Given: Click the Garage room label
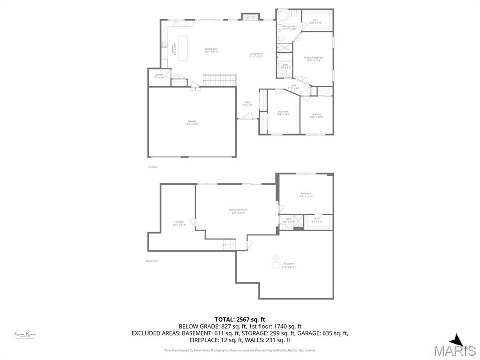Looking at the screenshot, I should click(192, 122).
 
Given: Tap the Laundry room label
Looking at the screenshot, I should click(159, 76).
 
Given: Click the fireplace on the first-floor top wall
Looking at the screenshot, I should click(250, 17).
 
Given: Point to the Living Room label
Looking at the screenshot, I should click(256, 55).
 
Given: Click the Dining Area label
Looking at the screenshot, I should click(211, 50).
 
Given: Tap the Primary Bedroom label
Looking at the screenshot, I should click(315, 59).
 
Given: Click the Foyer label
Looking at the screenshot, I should click(247, 104).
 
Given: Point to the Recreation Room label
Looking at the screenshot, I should click(238, 211).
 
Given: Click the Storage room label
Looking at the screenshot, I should click(180, 223).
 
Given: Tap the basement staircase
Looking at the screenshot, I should click(229, 244).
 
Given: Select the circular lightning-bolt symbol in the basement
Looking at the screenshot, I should click(276, 257).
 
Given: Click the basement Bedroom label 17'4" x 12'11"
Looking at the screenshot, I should click(305, 195).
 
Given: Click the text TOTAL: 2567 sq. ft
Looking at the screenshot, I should click(240, 319).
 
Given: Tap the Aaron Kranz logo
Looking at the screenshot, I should click(25, 335).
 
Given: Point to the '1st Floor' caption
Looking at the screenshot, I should click(153, 167).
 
